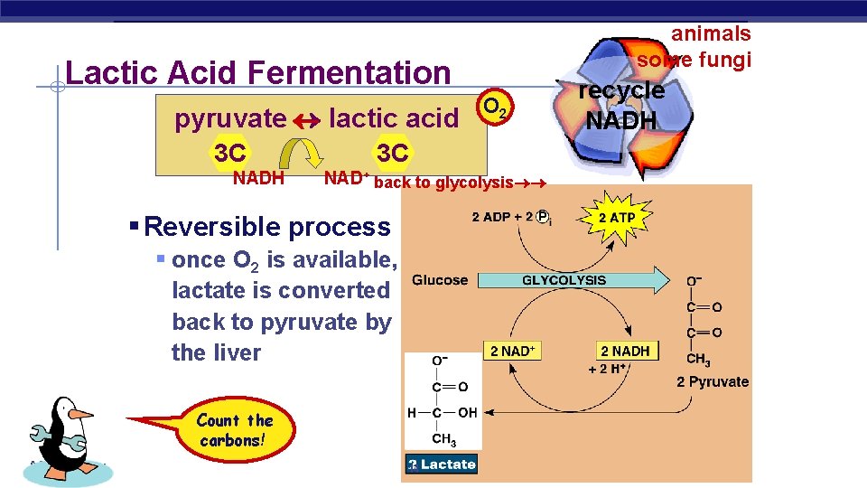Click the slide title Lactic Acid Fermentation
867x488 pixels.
257,72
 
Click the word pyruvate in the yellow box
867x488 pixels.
229,118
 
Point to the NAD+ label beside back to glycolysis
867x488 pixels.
346,178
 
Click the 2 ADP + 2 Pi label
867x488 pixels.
511,217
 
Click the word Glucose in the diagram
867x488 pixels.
440,280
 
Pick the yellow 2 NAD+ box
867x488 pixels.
512,351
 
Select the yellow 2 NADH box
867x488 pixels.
624,351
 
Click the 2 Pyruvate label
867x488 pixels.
713,381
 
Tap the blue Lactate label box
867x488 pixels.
441,465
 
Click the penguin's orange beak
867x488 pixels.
81,414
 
